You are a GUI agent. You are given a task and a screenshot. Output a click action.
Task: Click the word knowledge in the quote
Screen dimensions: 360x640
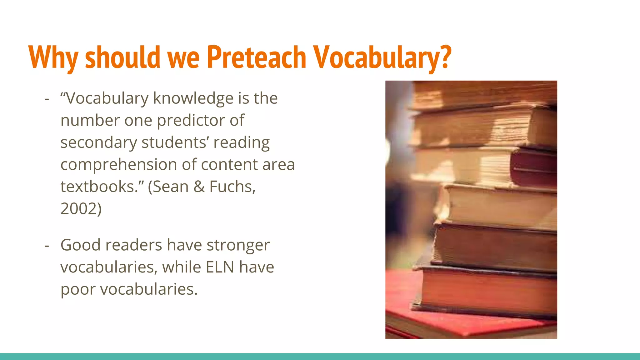(x=193, y=98)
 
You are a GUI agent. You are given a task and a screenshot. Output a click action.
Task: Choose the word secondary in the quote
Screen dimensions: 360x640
(x=98, y=143)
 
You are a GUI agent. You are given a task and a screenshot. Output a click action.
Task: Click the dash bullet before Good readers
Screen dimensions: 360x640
(x=47, y=245)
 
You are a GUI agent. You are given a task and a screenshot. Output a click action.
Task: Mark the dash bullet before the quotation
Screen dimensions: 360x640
(x=47, y=99)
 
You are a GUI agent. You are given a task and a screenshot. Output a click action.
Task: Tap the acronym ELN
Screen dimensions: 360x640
(x=220, y=267)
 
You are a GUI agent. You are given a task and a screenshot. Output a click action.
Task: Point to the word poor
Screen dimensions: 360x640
(x=78, y=289)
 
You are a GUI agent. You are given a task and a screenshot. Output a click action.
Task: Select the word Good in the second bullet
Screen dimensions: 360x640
(x=80, y=245)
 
